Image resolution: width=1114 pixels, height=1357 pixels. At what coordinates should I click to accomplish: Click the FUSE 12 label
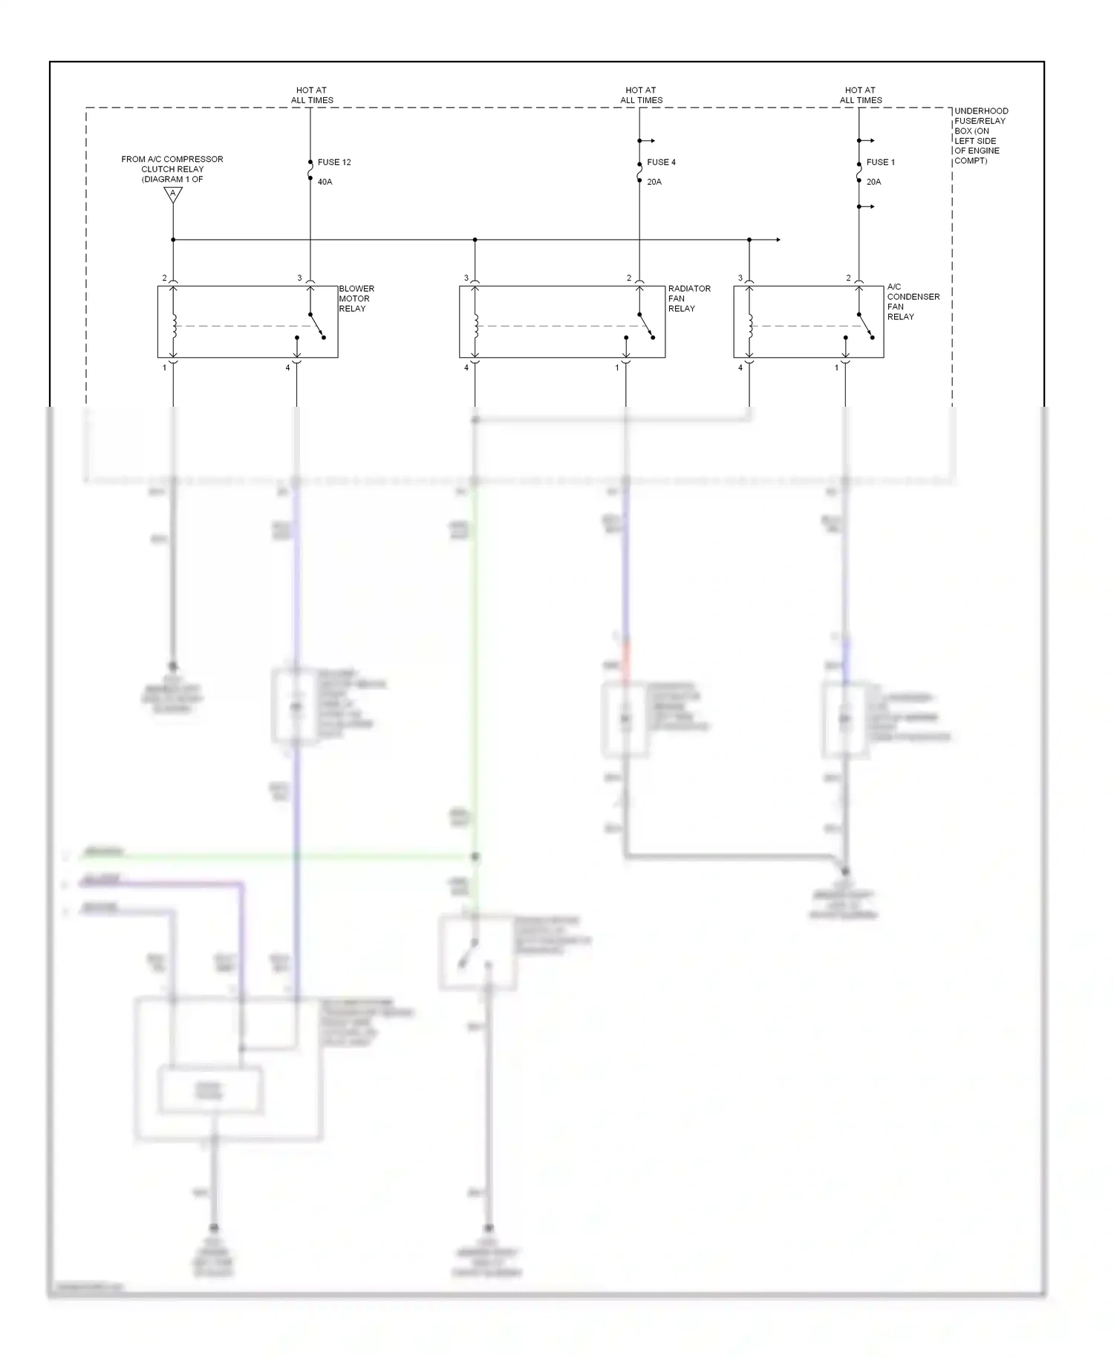tap(334, 162)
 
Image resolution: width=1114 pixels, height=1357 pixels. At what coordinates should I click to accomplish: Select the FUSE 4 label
tap(661, 162)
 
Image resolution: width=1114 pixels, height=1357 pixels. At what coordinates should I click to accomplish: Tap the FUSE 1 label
tap(880, 162)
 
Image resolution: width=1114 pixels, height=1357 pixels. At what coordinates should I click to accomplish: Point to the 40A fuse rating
tap(325, 182)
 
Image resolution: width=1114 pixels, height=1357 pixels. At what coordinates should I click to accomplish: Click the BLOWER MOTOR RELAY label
tap(356, 298)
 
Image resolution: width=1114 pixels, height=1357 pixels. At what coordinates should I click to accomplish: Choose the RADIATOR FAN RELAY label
tap(688, 298)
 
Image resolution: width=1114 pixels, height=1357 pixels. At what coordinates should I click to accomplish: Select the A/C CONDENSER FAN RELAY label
tap(913, 301)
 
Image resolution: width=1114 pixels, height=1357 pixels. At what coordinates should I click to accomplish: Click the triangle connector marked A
tap(173, 194)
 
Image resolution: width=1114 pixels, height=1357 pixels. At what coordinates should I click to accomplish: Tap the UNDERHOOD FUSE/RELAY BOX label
tap(980, 136)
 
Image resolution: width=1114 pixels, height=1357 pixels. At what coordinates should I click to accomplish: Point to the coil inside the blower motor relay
tap(175, 325)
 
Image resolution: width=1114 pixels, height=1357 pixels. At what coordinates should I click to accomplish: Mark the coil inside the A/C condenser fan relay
tap(750, 325)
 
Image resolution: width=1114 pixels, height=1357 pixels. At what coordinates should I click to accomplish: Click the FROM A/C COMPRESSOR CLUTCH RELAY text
tap(172, 169)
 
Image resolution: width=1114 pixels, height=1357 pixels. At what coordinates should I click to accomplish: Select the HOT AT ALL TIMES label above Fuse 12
tap(312, 95)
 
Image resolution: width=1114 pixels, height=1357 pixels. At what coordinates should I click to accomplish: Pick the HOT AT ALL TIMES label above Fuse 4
tap(641, 95)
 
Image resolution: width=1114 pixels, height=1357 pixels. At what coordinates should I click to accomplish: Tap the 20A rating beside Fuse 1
tap(873, 182)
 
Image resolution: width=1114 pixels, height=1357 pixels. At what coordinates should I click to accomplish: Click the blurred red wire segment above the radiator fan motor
tap(625, 662)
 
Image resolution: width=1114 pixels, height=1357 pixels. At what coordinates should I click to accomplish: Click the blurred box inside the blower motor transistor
tap(210, 1090)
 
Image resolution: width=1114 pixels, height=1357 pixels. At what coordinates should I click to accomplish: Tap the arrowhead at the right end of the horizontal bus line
tap(778, 240)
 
